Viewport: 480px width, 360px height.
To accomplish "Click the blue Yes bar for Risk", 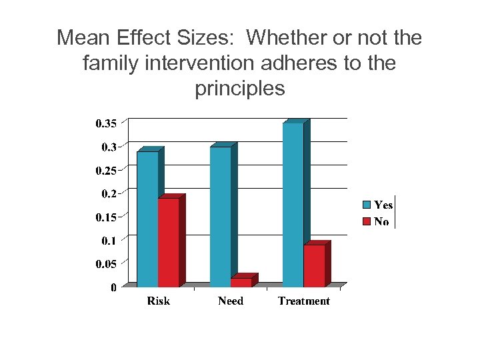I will coord(147,219).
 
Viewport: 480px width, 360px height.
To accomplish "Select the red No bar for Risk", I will coord(168,243).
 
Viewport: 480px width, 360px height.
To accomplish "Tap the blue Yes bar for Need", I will coord(220,217).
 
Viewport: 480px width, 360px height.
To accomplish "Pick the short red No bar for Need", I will coord(241,283).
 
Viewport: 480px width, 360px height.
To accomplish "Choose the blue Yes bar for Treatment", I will coord(293,205).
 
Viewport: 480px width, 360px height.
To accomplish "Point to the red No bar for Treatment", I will coord(314,265).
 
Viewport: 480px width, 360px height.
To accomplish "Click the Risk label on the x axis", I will coord(158,301).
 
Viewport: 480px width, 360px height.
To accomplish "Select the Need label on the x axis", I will coord(231,301).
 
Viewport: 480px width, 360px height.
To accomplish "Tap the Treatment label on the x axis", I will coord(304,301).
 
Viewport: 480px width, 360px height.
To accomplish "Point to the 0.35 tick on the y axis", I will coord(106,123).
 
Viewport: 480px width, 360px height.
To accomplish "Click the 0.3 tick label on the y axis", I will coord(109,147).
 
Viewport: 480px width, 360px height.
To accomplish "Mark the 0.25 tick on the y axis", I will coord(106,171).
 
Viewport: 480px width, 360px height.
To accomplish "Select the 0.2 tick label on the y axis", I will coord(109,194).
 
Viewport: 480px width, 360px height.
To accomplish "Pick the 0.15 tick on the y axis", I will coord(106,217).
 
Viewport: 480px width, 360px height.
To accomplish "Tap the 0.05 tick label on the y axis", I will coord(106,264).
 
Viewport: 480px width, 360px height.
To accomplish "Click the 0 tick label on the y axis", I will coord(113,288).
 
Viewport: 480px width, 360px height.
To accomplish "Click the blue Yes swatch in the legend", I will coord(366,205).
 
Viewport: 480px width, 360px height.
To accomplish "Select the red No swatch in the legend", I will coord(366,221).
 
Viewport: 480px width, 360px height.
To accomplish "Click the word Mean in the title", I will coord(81,38).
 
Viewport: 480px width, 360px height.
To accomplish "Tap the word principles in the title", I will coord(240,88).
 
